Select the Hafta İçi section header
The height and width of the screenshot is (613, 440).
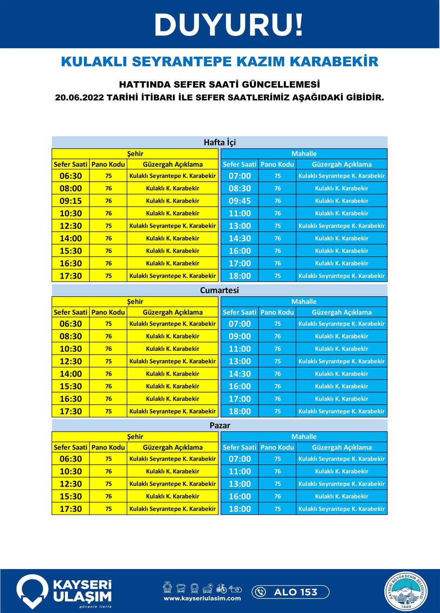pos(219,142)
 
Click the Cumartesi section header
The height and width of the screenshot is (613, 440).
pos(219,290)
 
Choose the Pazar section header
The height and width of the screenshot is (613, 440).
pos(220,425)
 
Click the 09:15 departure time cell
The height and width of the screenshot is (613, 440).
pos(71,201)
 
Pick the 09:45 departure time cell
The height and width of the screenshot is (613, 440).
pos(240,201)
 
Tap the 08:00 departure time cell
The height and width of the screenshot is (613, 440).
pos(71,188)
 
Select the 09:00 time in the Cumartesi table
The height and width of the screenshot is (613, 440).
pos(240,336)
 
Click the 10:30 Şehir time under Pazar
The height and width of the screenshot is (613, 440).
pos(71,471)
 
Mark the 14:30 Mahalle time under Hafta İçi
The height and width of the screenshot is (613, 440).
pos(240,238)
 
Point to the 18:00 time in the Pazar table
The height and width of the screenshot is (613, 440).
pos(240,509)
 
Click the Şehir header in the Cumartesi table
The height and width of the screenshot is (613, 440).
pos(135,301)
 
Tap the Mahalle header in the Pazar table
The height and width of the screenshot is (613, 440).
pos(304,436)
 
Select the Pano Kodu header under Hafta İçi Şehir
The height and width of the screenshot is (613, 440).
pos(108,164)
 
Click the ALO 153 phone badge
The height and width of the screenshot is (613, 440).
pos(290,592)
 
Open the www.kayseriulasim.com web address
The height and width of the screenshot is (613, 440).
pos(202,598)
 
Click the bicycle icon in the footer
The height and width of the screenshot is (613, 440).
pos(221,588)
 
